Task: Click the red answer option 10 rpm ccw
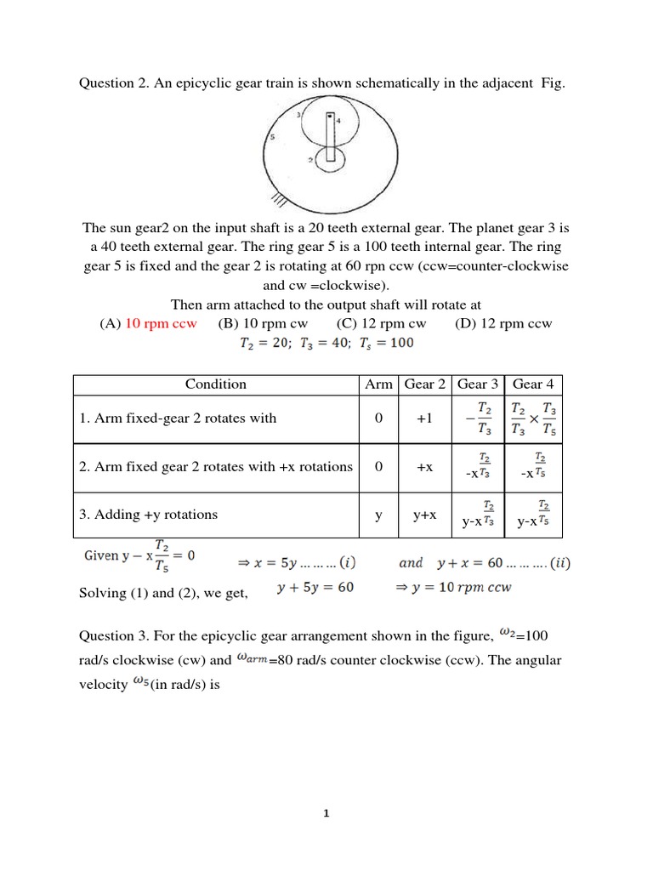point(161,323)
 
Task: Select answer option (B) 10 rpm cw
point(263,323)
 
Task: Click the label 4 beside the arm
point(338,121)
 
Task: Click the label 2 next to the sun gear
point(312,159)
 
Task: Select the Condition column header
point(215,384)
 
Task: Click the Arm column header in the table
point(378,384)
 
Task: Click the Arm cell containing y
point(378,515)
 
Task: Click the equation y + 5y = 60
point(316,588)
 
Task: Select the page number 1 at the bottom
point(326,813)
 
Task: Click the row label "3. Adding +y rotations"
point(149,515)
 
